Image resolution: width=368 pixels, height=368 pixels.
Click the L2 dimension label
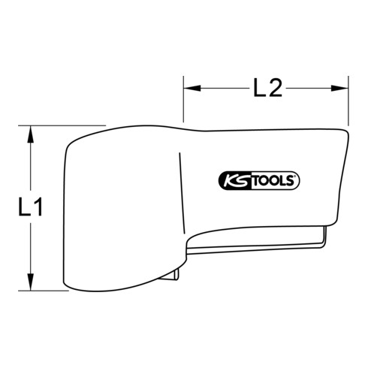pyautogui.click(x=267, y=89)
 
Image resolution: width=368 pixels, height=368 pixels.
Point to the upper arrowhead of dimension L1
pyautogui.click(x=29, y=132)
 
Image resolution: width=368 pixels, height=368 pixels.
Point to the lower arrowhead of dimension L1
pyautogui.click(x=29, y=283)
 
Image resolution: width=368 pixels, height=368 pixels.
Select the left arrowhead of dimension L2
pyautogui.click(x=189, y=89)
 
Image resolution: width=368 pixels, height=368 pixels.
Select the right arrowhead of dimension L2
pyautogui.click(x=344, y=89)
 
